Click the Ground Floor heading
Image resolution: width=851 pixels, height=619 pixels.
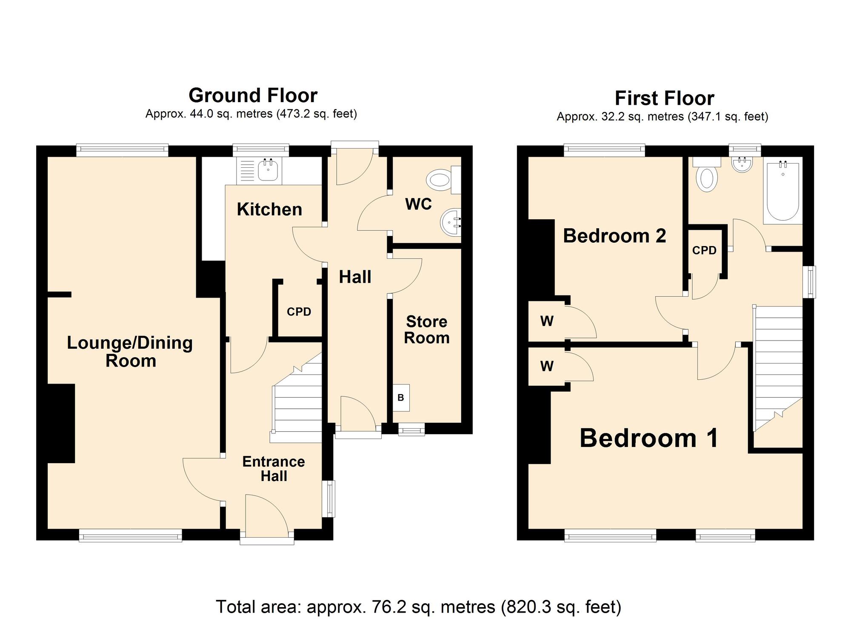click(x=253, y=96)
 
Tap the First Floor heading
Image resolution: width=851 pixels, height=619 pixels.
click(x=664, y=98)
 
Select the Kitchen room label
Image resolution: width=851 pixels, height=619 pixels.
click(x=269, y=209)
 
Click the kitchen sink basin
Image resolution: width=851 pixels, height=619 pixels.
click(x=268, y=170)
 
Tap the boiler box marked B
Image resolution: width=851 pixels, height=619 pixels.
click(x=401, y=398)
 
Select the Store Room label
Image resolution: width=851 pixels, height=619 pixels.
click(x=426, y=330)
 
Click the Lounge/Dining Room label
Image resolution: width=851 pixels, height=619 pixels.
click(x=130, y=352)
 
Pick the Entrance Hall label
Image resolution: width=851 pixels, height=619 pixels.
click(x=274, y=469)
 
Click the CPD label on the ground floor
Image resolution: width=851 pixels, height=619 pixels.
click(x=299, y=312)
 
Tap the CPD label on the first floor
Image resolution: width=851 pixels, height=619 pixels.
click(x=704, y=250)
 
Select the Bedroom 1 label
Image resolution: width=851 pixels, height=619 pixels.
click(x=649, y=438)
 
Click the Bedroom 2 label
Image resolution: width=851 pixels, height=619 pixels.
click(x=614, y=236)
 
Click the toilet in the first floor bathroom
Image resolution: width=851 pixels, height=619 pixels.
click(x=707, y=174)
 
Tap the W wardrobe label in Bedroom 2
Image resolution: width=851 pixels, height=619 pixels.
click(x=547, y=321)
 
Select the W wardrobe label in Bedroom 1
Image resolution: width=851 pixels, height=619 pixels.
click(x=547, y=366)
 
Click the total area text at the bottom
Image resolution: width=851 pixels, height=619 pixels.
click(x=419, y=607)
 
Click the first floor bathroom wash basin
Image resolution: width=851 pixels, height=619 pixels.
click(x=742, y=164)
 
